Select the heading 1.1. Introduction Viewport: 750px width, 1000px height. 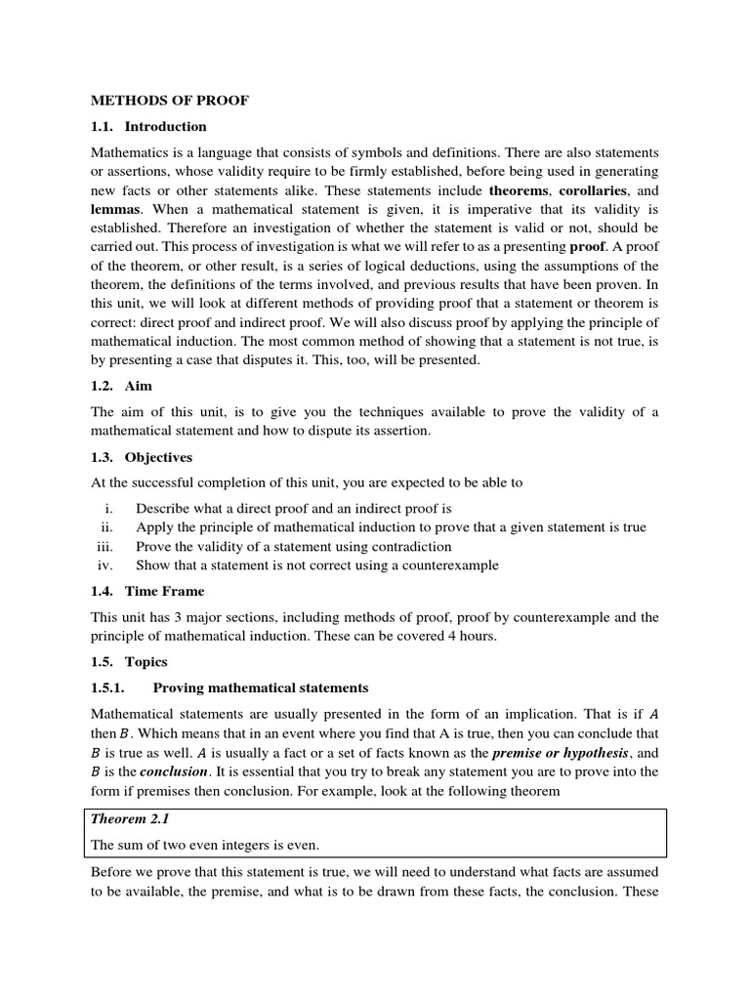point(148,126)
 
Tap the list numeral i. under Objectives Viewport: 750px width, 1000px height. point(109,509)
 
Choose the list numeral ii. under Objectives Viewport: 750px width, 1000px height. point(108,527)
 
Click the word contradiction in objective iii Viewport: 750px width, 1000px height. point(408,546)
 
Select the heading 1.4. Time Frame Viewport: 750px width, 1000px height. point(147,592)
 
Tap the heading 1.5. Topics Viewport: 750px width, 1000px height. point(130,662)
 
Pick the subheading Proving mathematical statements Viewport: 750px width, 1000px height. point(261,687)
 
